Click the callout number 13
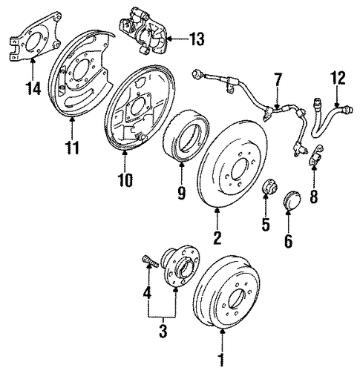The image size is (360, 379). (197, 39)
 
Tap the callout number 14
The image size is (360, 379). (33, 88)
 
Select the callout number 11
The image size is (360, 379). (72, 148)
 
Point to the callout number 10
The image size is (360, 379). (125, 180)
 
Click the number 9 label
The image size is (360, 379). (181, 193)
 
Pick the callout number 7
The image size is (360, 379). (277, 79)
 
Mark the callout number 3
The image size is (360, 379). (163, 331)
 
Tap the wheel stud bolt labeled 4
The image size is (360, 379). (151, 262)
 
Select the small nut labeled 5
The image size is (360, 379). (269, 189)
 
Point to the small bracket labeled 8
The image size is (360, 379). (316, 156)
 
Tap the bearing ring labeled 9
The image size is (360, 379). (186, 136)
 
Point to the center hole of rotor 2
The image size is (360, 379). (239, 168)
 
